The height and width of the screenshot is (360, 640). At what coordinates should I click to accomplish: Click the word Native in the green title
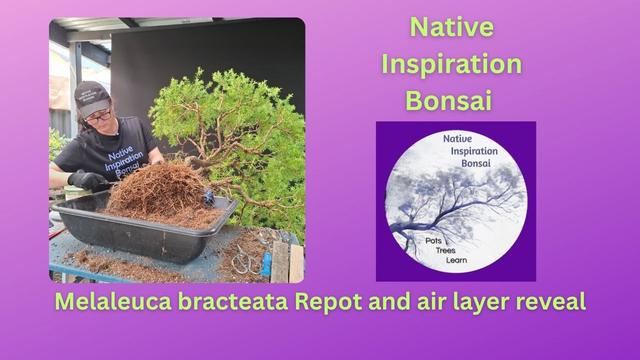tap(451, 27)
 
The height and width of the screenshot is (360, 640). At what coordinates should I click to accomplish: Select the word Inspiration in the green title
tap(451, 64)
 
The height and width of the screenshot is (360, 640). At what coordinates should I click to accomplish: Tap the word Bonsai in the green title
tap(448, 101)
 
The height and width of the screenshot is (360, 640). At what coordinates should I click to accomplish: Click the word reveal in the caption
tap(549, 302)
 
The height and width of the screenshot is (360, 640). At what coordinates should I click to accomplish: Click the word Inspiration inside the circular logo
tap(474, 151)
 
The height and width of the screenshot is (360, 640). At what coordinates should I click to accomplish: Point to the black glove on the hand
tap(85, 180)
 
